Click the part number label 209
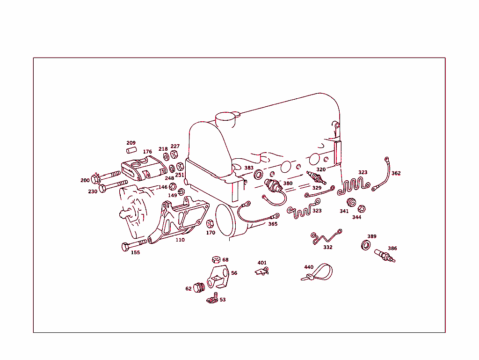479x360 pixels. tap(131, 143)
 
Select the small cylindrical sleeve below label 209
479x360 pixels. tap(131, 151)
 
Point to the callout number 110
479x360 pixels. tap(180, 240)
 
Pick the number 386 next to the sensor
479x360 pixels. tap(392, 249)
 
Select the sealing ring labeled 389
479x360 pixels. tap(366, 245)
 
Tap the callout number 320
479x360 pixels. tap(321, 169)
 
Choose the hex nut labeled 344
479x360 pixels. tap(361, 209)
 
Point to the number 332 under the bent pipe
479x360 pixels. tap(328, 247)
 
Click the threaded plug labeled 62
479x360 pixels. tap(199, 287)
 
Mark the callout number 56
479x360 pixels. tap(234, 273)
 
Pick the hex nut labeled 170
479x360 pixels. tap(210, 224)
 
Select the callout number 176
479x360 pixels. tap(147, 152)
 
